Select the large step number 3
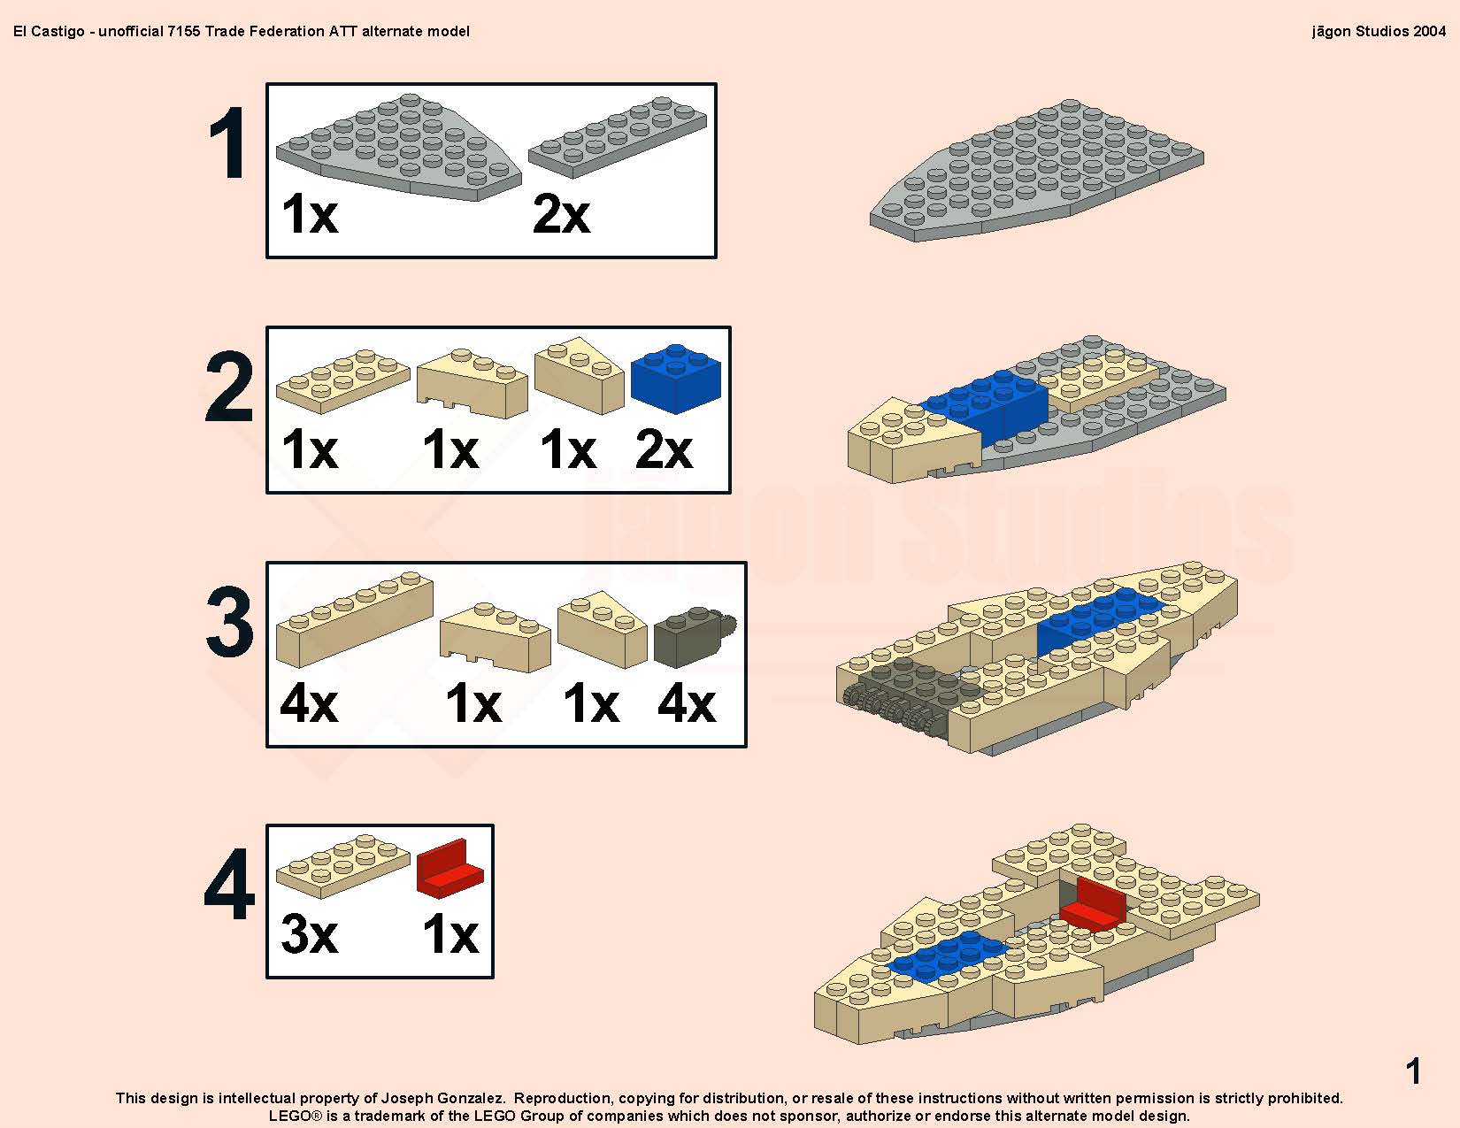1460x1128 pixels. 230,621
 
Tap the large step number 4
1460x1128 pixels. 229,884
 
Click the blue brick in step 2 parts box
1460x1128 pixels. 676,379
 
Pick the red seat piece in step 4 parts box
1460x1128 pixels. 450,868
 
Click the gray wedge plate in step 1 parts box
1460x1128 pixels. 398,147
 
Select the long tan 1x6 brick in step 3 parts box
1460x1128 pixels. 354,618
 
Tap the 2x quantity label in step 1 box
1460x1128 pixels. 561,214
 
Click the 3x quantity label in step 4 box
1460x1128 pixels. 309,934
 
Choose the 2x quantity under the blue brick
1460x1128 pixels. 663,449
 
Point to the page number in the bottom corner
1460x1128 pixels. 1414,1070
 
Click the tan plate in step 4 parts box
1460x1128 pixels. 342,866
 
